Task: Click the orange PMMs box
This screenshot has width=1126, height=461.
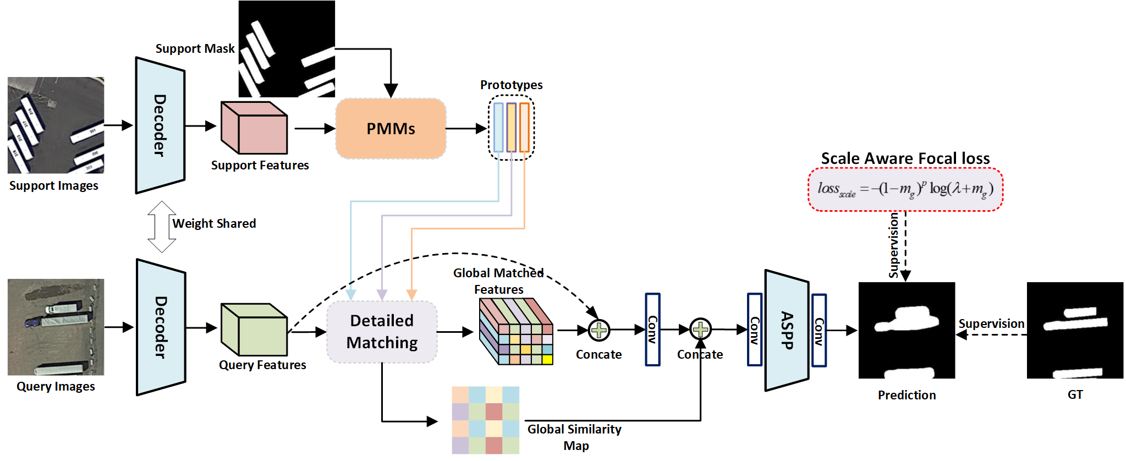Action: click(391, 129)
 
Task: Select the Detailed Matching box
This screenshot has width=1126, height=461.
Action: click(382, 332)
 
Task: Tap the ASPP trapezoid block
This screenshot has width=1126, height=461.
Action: click(787, 330)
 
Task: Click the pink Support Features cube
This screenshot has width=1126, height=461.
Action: click(254, 128)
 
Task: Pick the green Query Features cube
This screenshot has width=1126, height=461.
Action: click(254, 330)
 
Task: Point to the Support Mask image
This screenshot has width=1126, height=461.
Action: click(287, 49)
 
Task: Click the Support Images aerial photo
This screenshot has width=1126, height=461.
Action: click(56, 125)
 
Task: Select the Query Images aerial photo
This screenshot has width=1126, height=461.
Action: click(56, 327)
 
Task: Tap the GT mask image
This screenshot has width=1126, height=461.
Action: click(1075, 330)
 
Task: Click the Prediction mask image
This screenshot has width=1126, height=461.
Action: click(907, 330)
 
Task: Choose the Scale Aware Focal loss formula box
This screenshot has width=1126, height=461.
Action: click(905, 189)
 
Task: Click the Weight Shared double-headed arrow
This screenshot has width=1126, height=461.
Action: click(162, 227)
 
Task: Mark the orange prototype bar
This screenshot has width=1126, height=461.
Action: click(524, 127)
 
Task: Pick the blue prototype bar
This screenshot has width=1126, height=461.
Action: click(498, 127)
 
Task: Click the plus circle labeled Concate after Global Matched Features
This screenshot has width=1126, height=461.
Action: click(599, 330)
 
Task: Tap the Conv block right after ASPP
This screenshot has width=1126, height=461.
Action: click(819, 330)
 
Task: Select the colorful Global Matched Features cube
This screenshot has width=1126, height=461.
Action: click(516, 331)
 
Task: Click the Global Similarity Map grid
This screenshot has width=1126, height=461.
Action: click(485, 420)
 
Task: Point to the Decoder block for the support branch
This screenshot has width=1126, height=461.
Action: click(160, 125)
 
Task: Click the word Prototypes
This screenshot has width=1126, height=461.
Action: click(511, 85)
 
